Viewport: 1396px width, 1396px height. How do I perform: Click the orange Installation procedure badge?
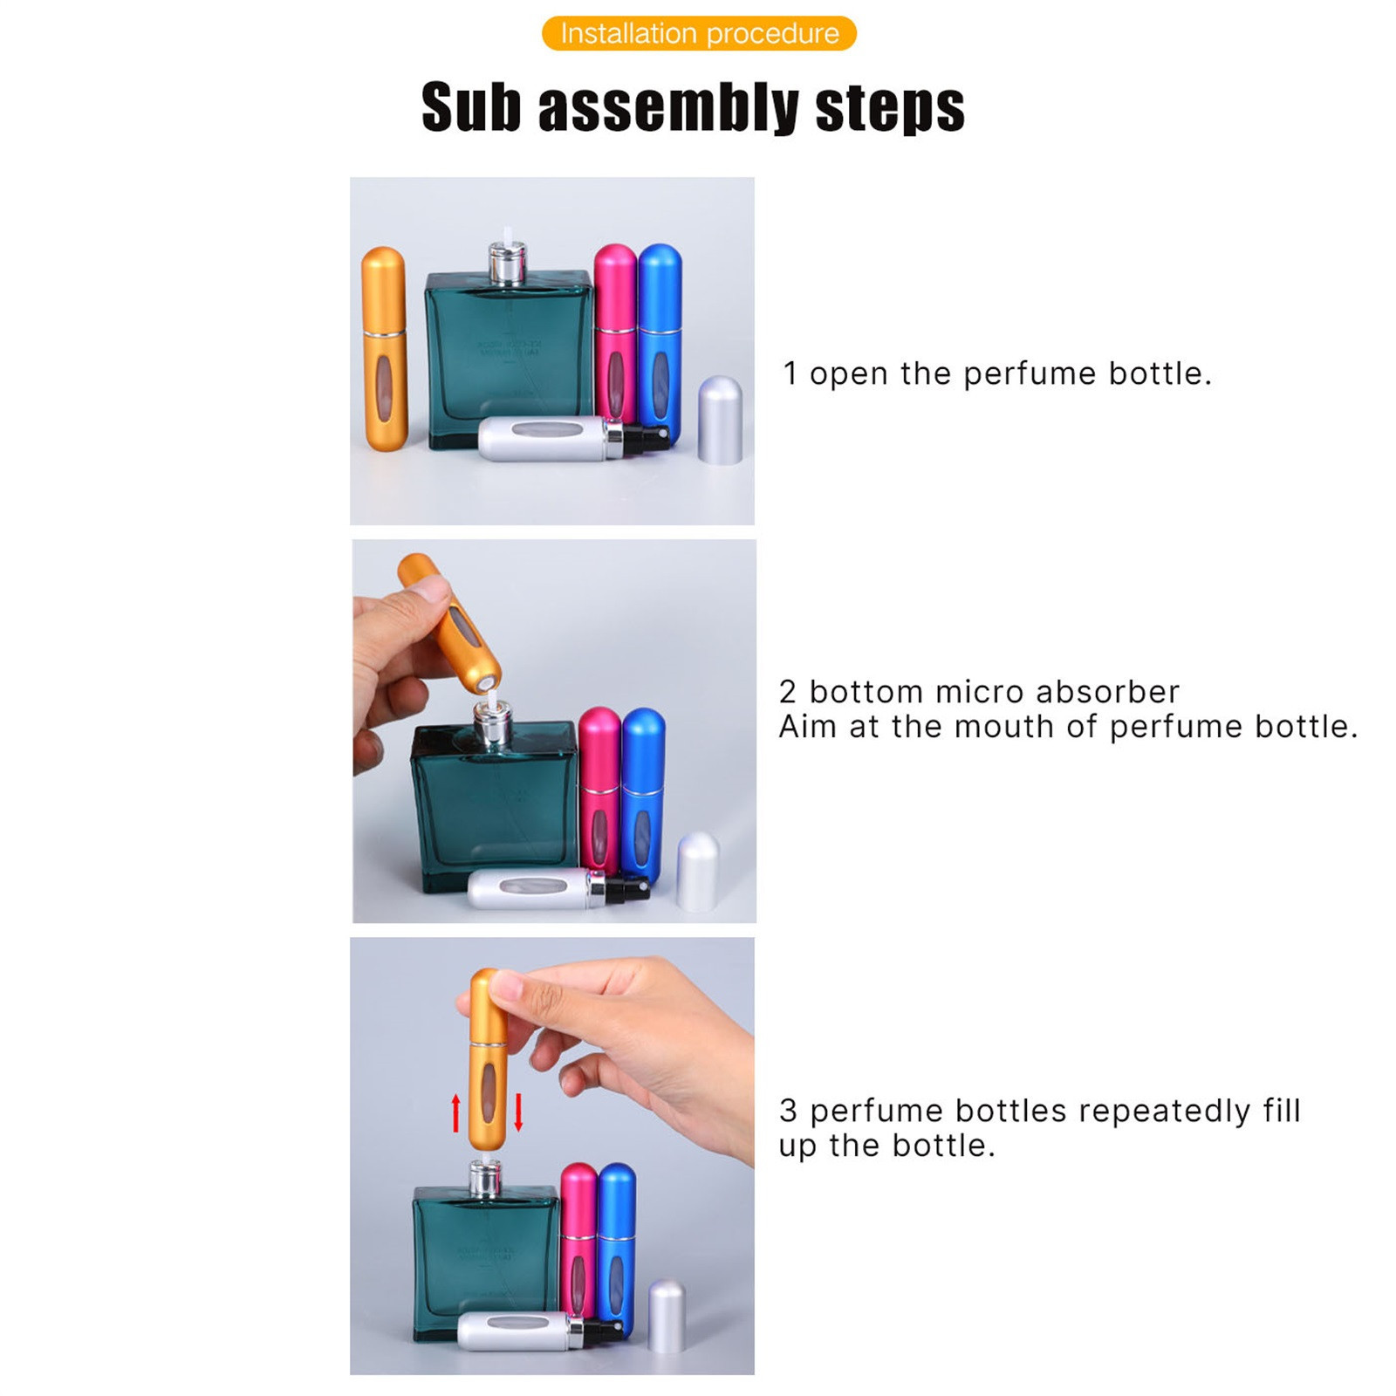pyautogui.click(x=699, y=33)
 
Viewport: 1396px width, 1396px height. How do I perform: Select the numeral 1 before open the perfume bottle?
pyautogui.click(x=790, y=373)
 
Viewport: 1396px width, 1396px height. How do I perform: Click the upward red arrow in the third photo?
pyautogui.click(x=455, y=1113)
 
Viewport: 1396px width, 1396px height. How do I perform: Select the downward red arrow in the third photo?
pyautogui.click(x=518, y=1112)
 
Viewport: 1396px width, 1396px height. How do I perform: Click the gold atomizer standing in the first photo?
pyautogui.click(x=384, y=349)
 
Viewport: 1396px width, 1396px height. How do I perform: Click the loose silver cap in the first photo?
pyautogui.click(x=721, y=420)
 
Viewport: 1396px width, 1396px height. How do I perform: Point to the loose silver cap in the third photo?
pyautogui.click(x=667, y=1316)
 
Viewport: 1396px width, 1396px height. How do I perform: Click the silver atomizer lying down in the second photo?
pyautogui.click(x=558, y=890)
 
